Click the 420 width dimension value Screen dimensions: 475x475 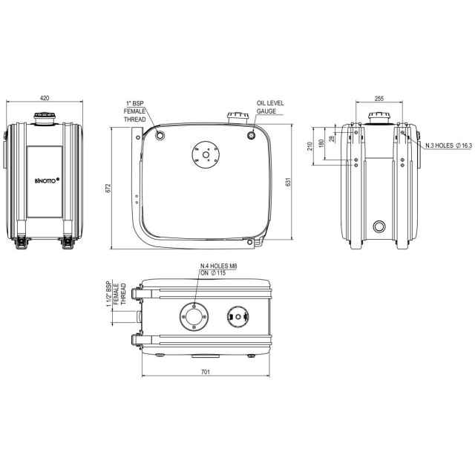coord(45,98)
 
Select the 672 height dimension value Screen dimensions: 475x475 coord(109,188)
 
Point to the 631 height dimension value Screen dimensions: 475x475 coord(288,182)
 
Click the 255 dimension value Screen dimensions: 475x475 coord(379,99)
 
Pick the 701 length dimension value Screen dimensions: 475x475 coord(206,372)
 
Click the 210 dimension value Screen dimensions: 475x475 coord(309,146)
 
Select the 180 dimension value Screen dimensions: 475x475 coord(321,143)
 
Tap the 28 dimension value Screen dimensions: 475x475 coord(332,139)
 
